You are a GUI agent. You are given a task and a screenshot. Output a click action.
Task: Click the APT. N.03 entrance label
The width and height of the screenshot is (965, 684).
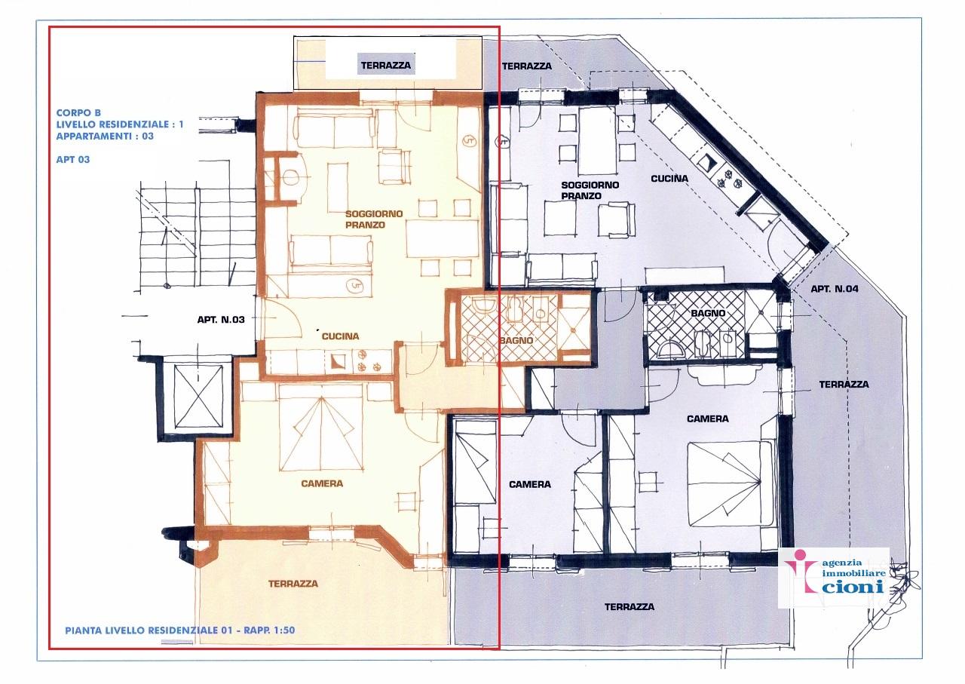pyautogui.click(x=221, y=320)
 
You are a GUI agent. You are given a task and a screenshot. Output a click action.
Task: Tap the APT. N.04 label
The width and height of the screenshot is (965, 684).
pyautogui.click(x=835, y=289)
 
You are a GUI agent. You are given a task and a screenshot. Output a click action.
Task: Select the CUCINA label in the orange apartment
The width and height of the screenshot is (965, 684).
pyautogui.click(x=340, y=336)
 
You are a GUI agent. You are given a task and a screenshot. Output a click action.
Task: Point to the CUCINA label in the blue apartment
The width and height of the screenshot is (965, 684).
pyautogui.click(x=669, y=179)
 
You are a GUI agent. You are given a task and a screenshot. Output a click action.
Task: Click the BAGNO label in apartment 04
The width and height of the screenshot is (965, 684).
pyautogui.click(x=708, y=313)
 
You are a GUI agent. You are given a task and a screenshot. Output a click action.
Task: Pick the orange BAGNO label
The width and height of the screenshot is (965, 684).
pyautogui.click(x=516, y=340)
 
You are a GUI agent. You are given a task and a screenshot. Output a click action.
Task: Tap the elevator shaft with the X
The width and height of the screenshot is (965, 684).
pyautogui.click(x=198, y=397)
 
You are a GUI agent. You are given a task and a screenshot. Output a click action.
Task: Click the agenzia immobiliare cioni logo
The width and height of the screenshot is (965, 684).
pyautogui.click(x=834, y=577)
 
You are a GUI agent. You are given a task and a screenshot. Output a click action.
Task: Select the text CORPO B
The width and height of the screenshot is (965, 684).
pyautogui.click(x=78, y=113)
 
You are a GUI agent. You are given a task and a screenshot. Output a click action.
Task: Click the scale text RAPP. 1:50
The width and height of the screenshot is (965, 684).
pyautogui.click(x=269, y=630)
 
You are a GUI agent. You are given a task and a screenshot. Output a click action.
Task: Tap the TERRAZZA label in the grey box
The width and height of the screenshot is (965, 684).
pyautogui.click(x=386, y=66)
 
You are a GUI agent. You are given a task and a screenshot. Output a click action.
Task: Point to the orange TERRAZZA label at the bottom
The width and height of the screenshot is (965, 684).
pyautogui.click(x=293, y=584)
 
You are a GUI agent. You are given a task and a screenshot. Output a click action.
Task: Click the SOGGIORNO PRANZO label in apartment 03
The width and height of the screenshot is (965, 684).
pyautogui.click(x=374, y=219)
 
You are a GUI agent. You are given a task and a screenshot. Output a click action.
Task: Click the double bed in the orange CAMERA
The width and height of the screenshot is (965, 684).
pyautogui.click(x=321, y=428)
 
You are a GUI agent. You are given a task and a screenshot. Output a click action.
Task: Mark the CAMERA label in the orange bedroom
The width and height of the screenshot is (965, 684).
pyautogui.click(x=322, y=483)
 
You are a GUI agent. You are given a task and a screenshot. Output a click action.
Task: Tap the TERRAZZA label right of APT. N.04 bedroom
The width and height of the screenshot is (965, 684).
pyautogui.click(x=844, y=385)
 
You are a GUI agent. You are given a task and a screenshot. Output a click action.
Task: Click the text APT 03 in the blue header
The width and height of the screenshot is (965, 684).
pyautogui.click(x=73, y=159)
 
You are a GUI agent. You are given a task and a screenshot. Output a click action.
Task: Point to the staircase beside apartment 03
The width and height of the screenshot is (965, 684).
pyautogui.click(x=198, y=236)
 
